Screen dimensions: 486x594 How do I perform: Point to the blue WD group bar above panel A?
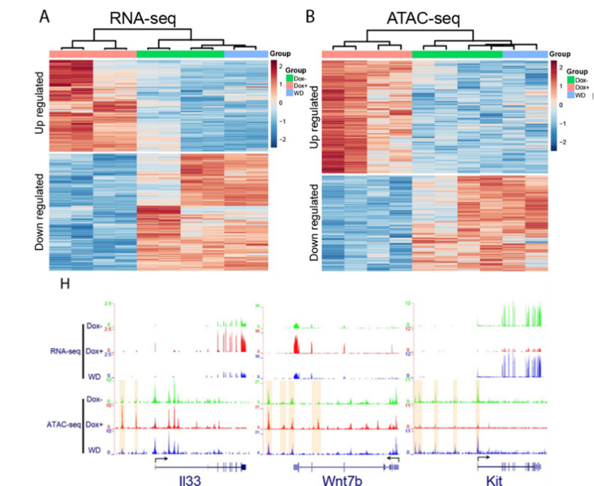[245, 54]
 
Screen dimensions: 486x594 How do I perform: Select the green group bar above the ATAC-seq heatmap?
[457, 54]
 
